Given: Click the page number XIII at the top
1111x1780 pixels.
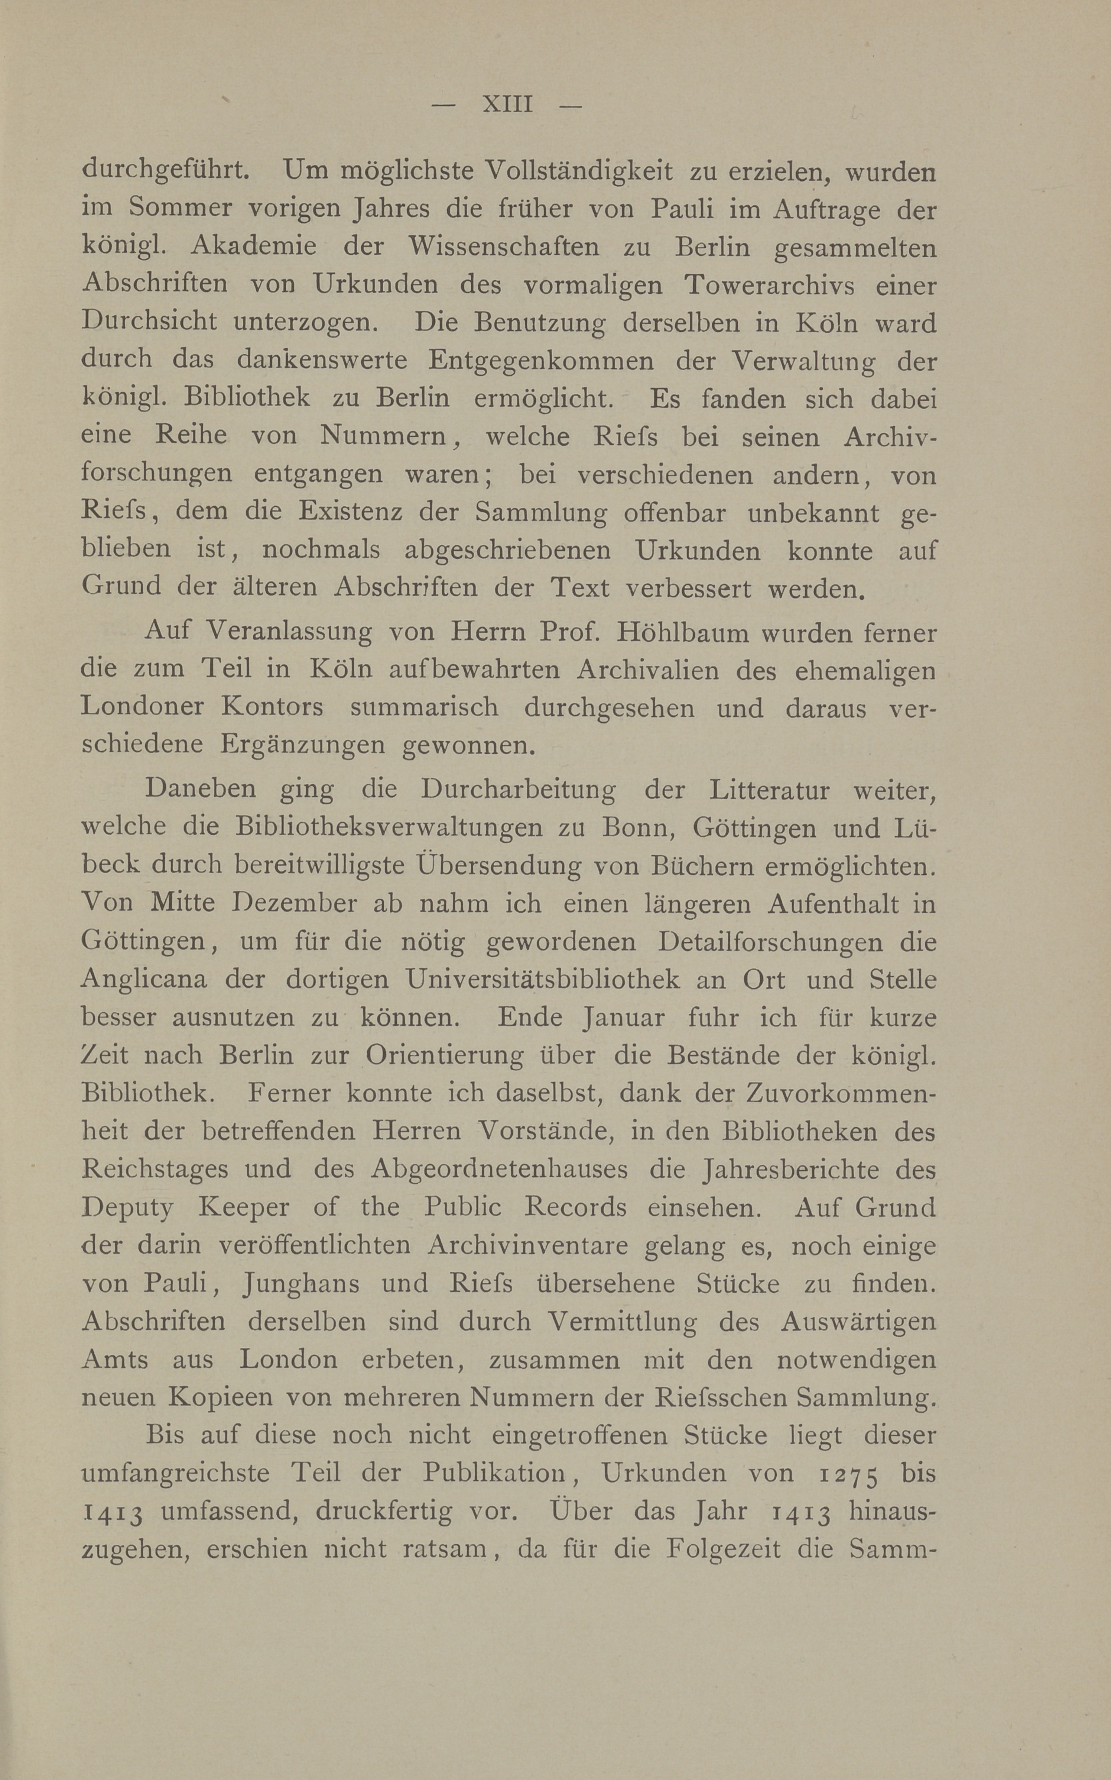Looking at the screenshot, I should tap(507, 104).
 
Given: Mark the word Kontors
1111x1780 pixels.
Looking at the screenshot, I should tap(272, 707).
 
